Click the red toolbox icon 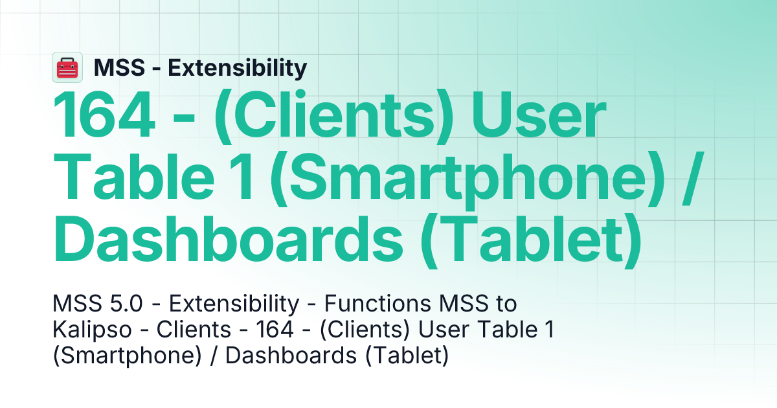tap(67, 67)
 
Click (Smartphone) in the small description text tap(127, 356)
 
